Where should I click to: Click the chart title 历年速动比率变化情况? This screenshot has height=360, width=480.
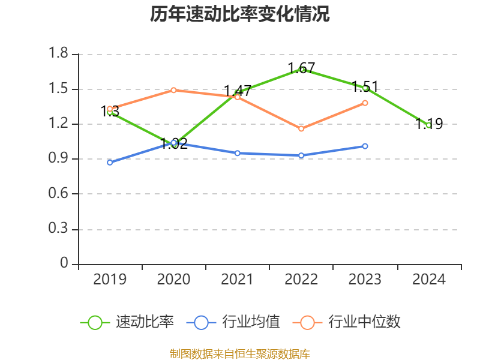[x=240, y=14]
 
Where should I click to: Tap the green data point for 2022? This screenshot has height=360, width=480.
[x=302, y=70]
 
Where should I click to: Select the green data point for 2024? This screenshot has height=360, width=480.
[x=428, y=125]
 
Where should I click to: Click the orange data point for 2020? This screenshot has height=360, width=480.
[x=173, y=90]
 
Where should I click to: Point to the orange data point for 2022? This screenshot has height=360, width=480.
[x=301, y=128]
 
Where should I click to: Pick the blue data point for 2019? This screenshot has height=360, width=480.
[x=110, y=163]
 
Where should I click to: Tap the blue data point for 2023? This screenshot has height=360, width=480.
[x=365, y=146]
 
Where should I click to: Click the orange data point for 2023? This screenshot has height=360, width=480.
[x=365, y=103]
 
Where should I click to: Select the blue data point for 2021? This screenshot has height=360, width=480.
[x=238, y=153]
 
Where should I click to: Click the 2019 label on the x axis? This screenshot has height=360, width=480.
[x=110, y=280]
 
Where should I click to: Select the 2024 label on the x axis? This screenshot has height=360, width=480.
[x=429, y=280]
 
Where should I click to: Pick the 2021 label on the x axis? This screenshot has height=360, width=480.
[x=238, y=280]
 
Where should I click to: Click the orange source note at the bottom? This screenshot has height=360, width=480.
[x=240, y=353]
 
